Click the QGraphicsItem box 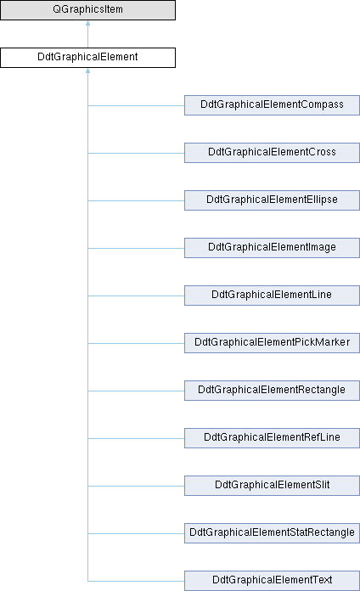point(87,10)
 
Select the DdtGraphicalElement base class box point(87,58)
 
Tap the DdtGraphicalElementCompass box point(272,105)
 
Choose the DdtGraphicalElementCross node point(272,153)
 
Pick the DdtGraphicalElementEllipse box point(272,200)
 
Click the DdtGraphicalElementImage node point(272,248)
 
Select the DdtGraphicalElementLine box point(272,295)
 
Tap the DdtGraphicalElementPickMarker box point(272,342)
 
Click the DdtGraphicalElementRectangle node point(272,390)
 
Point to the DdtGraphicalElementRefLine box point(272,437)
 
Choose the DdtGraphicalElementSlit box point(272,485)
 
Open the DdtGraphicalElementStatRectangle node point(272,532)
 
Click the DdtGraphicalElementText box point(272,581)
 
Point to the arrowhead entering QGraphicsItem point(87,23)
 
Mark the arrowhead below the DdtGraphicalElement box point(87,70)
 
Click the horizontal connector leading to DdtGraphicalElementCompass point(136,105)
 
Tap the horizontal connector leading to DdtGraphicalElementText point(136,581)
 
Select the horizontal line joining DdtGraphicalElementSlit point(136,486)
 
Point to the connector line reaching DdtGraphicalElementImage point(136,248)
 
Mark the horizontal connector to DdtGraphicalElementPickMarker point(136,343)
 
